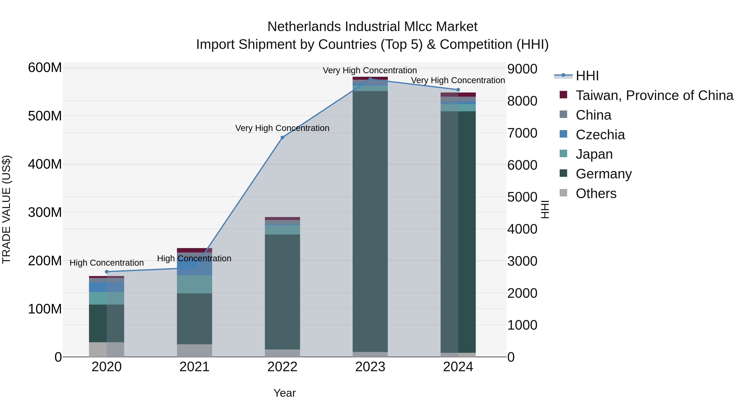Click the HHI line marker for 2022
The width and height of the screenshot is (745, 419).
[x=282, y=137]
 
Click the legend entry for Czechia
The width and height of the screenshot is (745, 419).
[x=600, y=135]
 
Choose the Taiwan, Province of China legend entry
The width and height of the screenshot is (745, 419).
[x=654, y=95]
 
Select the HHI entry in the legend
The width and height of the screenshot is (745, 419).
[x=587, y=76]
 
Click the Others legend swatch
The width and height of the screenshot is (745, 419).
[x=563, y=193]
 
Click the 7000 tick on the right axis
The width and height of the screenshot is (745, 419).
[x=522, y=133]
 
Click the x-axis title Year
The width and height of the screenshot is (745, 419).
[x=284, y=393]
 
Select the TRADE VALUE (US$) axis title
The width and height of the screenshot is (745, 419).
[x=6, y=209]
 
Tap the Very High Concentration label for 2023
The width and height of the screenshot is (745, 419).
[x=370, y=70]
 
